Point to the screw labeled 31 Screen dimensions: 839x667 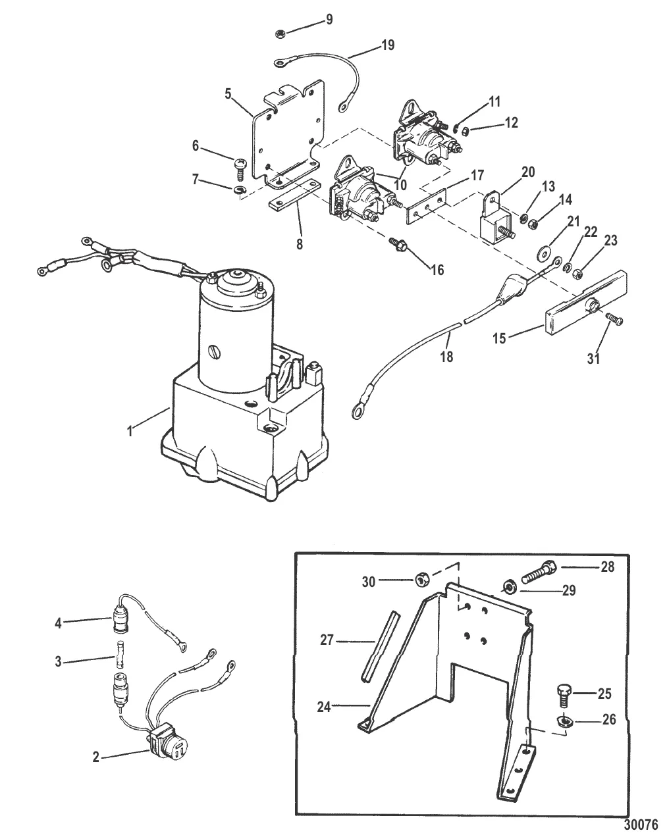[616, 319]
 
